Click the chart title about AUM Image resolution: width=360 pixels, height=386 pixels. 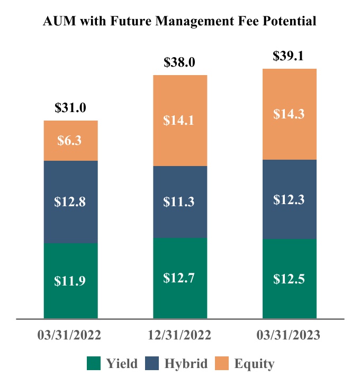[179, 21]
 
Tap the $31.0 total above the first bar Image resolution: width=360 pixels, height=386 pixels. [70, 108]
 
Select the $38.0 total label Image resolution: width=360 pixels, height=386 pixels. [180, 63]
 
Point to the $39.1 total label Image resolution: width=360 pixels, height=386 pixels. [289, 57]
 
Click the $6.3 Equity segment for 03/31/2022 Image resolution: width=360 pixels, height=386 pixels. [70, 141]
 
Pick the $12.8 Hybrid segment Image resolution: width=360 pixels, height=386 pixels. [70, 201]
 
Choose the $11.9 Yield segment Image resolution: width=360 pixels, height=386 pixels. [70, 281]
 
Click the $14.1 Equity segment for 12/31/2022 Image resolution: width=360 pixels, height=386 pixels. [180, 121]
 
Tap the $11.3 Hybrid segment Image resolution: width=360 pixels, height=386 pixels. [180, 201]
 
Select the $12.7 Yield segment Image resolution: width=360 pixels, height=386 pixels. [180, 278]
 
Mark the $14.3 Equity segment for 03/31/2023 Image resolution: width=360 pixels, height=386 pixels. [289, 114]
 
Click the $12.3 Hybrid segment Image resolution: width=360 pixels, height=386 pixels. [289, 199]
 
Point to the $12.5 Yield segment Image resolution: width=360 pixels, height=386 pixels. [289, 279]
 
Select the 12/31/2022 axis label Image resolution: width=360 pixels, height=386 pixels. [179, 336]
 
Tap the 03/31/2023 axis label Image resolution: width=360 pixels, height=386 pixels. [289, 336]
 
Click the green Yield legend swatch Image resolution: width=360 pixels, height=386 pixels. [94, 363]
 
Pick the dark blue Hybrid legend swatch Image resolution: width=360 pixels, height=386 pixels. [152, 363]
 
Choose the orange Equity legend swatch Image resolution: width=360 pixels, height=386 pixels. [222, 363]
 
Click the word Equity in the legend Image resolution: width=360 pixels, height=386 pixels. [254, 364]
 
